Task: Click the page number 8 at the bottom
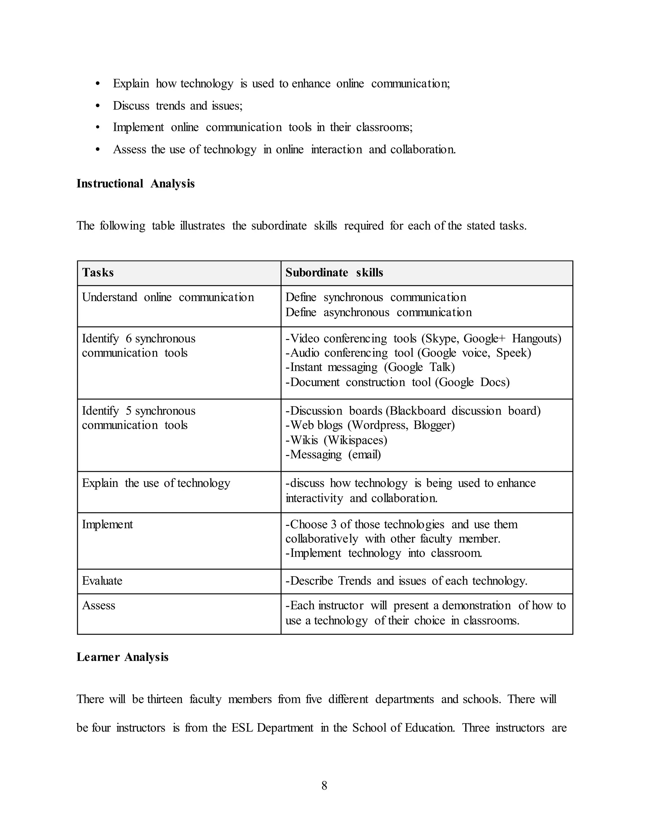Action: [324, 786]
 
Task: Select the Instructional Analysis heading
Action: [135, 183]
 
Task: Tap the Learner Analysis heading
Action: [122, 657]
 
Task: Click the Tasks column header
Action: [98, 272]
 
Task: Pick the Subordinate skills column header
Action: [334, 272]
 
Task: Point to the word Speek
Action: [513, 353]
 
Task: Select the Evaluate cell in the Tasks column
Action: [102, 581]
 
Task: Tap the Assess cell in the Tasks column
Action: [99, 605]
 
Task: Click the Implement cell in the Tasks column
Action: [108, 524]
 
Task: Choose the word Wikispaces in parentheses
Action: [355, 440]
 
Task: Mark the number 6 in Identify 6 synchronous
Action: [128, 338]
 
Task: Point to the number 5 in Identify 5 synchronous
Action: [128, 410]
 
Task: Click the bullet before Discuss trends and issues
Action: [97, 106]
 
